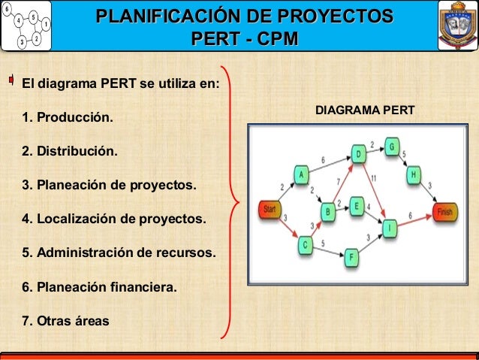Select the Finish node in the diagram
point(444,212)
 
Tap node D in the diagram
point(359,155)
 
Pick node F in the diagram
point(353,258)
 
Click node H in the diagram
point(414,175)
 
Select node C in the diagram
point(305,244)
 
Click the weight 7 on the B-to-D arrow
point(339,181)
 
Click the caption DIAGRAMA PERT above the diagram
point(365,110)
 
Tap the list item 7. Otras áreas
point(65,321)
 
